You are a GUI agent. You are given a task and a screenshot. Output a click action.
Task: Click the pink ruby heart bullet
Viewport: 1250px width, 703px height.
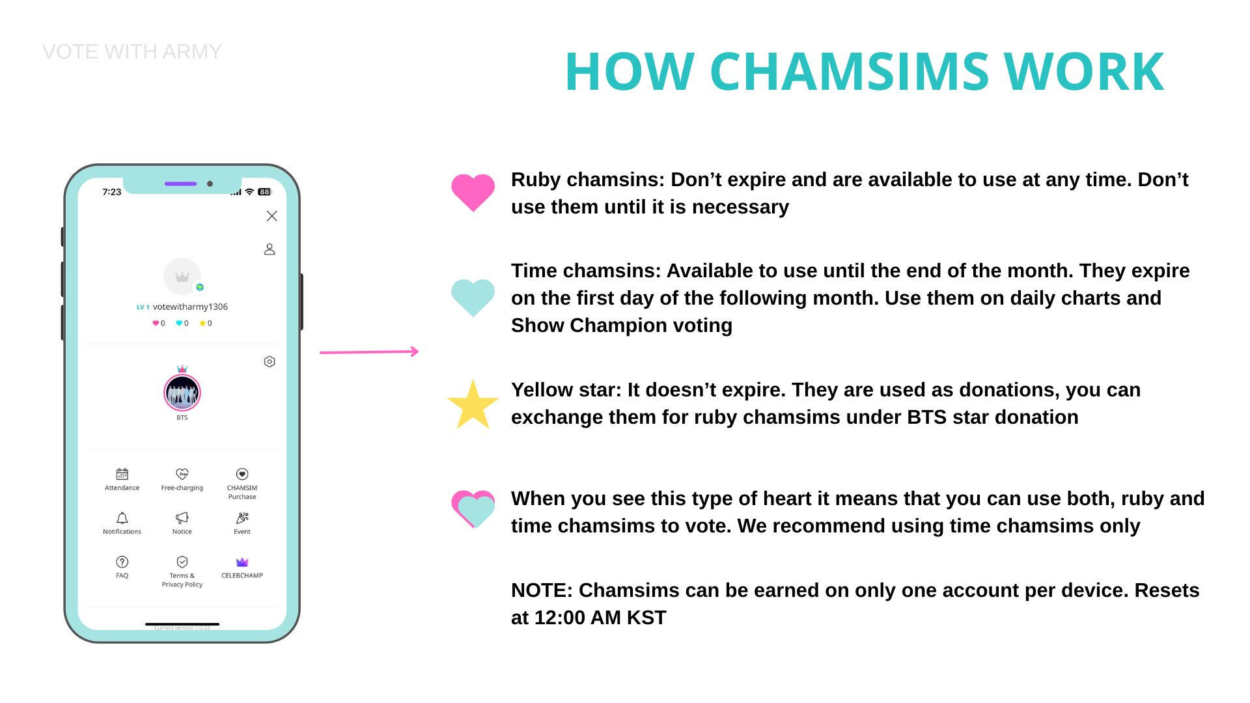pyautogui.click(x=473, y=193)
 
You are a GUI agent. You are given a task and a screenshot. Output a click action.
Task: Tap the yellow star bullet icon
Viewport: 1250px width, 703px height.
pyautogui.click(x=473, y=406)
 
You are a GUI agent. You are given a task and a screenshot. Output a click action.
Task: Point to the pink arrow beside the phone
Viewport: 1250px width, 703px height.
pyautogui.click(x=369, y=352)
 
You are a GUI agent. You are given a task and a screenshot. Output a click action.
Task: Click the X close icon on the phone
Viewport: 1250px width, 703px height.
pyautogui.click(x=272, y=216)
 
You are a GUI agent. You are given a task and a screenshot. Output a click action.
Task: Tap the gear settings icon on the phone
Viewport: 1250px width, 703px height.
pyautogui.click(x=270, y=361)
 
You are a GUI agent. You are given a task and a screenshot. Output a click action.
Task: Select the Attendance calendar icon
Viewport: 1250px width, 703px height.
pyautogui.click(x=122, y=474)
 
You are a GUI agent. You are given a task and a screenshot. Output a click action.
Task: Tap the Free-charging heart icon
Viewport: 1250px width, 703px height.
pyautogui.click(x=182, y=474)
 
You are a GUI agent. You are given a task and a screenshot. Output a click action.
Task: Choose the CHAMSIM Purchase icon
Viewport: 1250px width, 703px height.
pyautogui.click(x=242, y=474)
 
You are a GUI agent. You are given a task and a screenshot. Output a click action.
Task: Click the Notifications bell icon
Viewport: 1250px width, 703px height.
pyautogui.click(x=122, y=518)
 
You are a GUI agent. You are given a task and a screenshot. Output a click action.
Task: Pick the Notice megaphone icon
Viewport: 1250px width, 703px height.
pyautogui.click(x=182, y=518)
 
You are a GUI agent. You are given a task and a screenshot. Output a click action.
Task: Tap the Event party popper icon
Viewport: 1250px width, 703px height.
pyautogui.click(x=242, y=518)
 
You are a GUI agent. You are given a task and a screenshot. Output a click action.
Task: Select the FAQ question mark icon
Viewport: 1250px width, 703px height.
pyautogui.click(x=122, y=562)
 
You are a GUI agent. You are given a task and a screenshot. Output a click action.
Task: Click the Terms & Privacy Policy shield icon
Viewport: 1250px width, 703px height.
pyautogui.click(x=182, y=562)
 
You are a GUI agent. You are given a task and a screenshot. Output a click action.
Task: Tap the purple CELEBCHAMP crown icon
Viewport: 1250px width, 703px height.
pyautogui.click(x=242, y=562)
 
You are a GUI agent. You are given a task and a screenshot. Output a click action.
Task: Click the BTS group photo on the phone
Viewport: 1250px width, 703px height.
pyautogui.click(x=182, y=393)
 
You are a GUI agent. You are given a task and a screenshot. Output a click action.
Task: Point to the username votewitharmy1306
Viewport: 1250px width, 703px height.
pyautogui.click(x=190, y=307)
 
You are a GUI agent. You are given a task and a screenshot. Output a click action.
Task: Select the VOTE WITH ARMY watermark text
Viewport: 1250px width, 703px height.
pyautogui.click(x=132, y=51)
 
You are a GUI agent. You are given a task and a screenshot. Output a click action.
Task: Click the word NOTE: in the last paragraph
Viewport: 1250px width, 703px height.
pyautogui.click(x=542, y=590)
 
